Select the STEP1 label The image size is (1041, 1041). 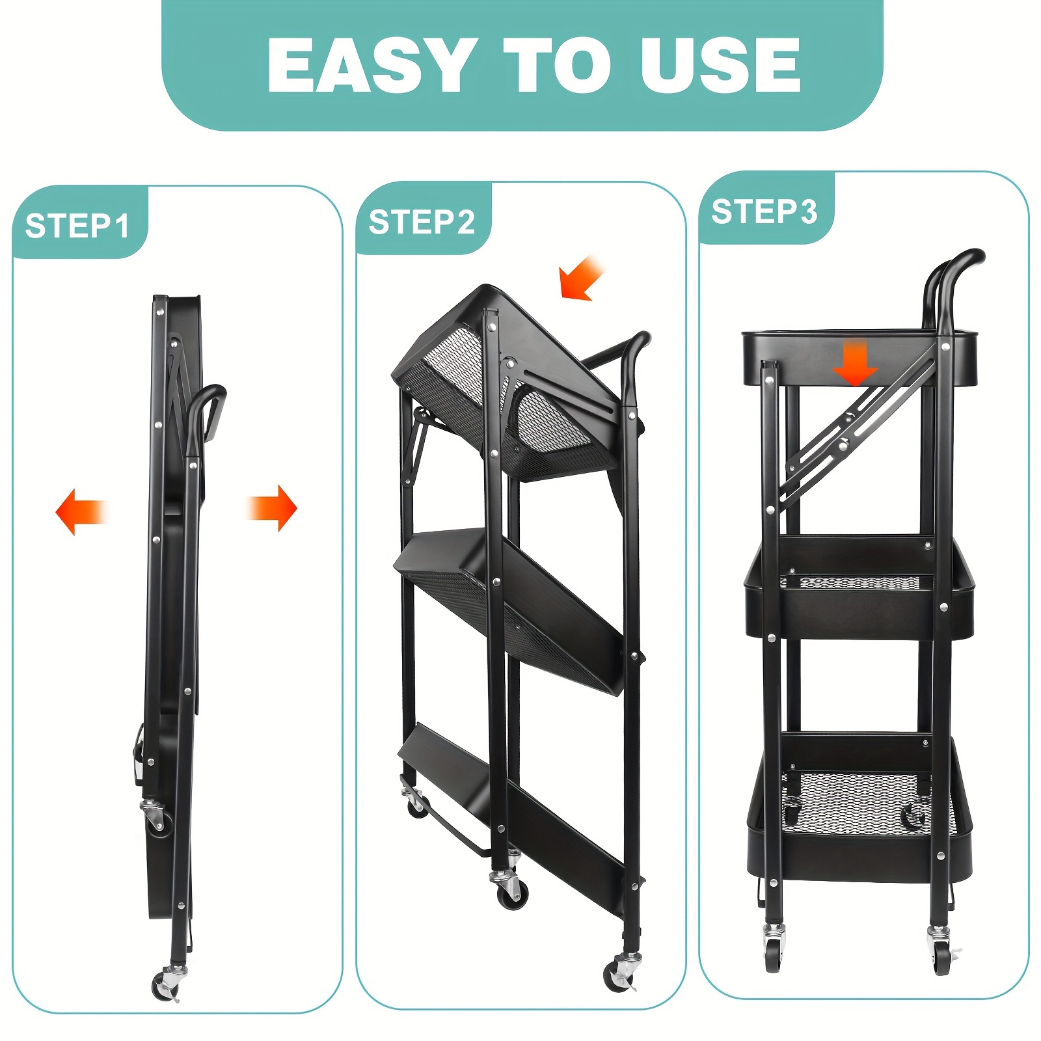coord(77,226)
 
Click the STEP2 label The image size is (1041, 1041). coord(422,222)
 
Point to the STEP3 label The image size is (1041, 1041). coord(764,211)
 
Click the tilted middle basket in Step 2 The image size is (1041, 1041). coord(514,605)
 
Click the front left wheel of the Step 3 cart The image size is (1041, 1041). coord(773,951)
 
